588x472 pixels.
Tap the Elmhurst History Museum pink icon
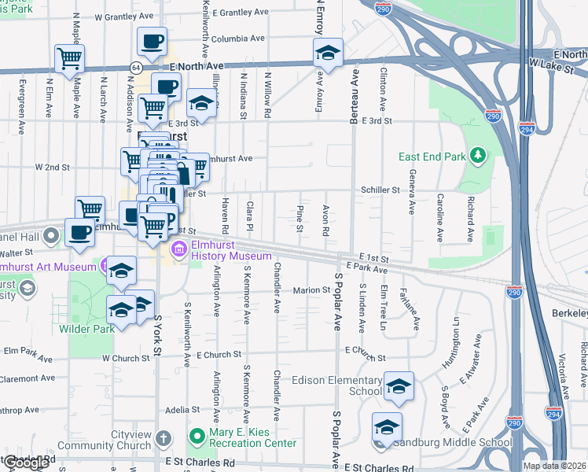pyautogui.click(x=178, y=250)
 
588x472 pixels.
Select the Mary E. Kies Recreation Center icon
pyautogui.click(x=196, y=434)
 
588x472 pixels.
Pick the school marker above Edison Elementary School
pyautogui.click(x=399, y=384)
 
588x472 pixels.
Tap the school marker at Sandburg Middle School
pyautogui.click(x=387, y=426)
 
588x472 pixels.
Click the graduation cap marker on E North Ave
pyautogui.click(x=328, y=53)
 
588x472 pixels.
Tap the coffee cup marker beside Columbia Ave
pyautogui.click(x=151, y=41)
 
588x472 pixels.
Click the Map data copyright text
pyautogui.click(x=554, y=466)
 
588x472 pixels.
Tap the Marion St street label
pyautogui.click(x=311, y=289)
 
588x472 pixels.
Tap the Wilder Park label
pyautogui.click(x=87, y=328)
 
